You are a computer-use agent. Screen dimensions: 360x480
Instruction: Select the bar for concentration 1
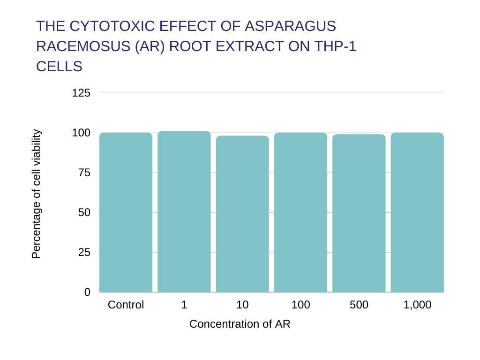click(184, 212)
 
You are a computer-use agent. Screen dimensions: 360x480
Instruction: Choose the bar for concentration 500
click(359, 213)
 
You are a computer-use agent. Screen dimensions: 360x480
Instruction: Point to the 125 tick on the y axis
click(81, 93)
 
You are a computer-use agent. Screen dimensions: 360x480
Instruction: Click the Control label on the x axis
click(126, 305)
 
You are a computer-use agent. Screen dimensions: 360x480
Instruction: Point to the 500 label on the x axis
click(359, 305)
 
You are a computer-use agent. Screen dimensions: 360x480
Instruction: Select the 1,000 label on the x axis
click(417, 305)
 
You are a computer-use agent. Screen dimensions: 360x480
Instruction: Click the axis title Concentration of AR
click(240, 324)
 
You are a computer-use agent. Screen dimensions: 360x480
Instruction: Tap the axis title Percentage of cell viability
click(37, 194)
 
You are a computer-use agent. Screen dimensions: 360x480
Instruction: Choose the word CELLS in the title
click(59, 67)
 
